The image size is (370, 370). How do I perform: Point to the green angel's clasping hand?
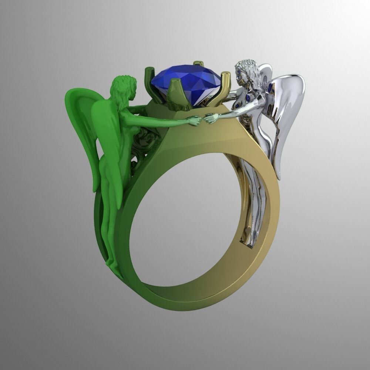(194, 120)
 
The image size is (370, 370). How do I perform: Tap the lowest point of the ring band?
(178, 298)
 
